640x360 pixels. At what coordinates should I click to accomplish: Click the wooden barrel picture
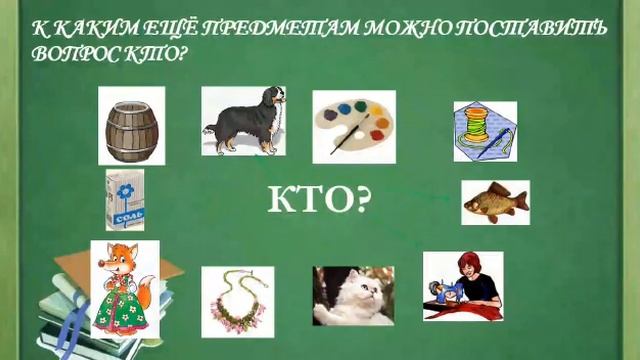[131, 125]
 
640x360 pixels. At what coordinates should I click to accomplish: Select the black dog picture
[243, 121]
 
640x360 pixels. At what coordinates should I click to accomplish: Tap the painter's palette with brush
[353, 126]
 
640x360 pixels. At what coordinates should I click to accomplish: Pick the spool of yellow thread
[485, 131]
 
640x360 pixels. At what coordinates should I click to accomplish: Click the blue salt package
[125, 200]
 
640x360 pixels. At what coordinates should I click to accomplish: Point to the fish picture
[495, 202]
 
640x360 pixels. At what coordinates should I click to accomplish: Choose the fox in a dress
[124, 288]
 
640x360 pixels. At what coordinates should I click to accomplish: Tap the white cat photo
[353, 296]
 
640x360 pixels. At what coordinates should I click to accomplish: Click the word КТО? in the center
[319, 202]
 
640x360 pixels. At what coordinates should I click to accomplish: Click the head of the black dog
[272, 100]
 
